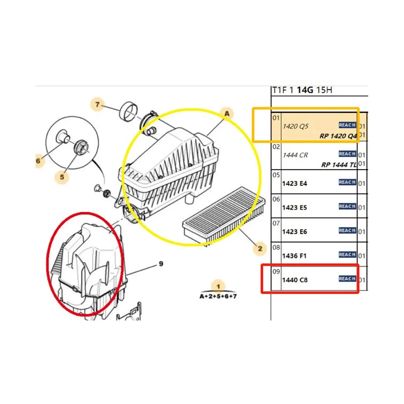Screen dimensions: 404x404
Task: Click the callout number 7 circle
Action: [97, 105]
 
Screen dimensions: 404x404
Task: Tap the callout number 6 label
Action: [38, 161]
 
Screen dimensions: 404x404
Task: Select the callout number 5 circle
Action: [62, 176]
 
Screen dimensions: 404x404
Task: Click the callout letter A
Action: [227, 113]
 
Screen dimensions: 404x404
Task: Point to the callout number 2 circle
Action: [260, 249]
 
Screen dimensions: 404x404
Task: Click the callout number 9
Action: [161, 264]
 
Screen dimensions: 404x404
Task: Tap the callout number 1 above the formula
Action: [218, 287]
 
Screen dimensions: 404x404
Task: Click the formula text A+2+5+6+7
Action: [218, 296]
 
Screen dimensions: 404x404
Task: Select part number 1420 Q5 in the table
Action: [295, 126]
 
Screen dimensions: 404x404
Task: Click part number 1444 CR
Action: [295, 155]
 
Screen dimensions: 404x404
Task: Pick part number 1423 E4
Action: [295, 183]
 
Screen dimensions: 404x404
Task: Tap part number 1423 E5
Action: [295, 208]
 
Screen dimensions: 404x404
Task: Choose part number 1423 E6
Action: [295, 232]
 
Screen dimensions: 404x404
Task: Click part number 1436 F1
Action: [294, 256]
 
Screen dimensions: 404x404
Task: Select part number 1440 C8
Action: [295, 280]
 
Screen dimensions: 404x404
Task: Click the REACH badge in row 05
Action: [347, 182]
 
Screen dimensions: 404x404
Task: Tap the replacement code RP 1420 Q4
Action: [338, 136]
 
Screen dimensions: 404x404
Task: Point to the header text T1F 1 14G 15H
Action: [302, 90]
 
